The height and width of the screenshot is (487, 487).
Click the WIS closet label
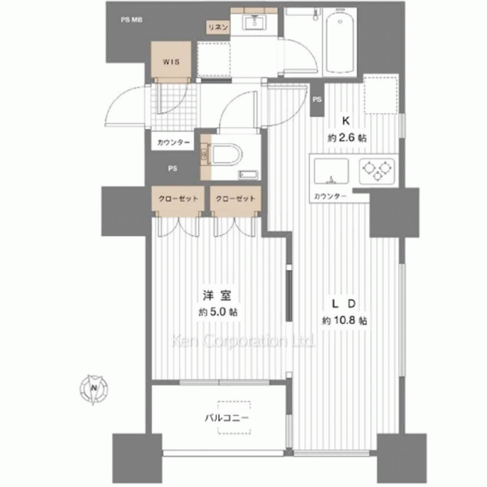[171, 61]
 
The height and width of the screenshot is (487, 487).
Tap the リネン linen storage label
[218, 27]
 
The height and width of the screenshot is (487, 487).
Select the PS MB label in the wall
[131, 20]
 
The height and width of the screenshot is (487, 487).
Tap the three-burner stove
[377, 171]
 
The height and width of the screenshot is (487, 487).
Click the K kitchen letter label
[346, 121]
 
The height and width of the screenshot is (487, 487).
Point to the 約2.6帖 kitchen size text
[347, 138]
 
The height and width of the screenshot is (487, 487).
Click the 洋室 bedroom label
[217, 296]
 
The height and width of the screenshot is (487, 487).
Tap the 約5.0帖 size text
[218, 312]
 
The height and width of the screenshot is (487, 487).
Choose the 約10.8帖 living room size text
[344, 320]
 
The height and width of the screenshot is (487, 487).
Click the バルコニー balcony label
[227, 418]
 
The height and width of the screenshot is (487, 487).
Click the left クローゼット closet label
[178, 199]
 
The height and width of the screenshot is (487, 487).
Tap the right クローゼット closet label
[235, 199]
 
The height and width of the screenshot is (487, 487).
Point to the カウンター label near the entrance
[173, 143]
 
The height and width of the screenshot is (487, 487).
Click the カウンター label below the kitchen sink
[330, 196]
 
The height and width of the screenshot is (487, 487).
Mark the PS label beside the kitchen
[317, 100]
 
